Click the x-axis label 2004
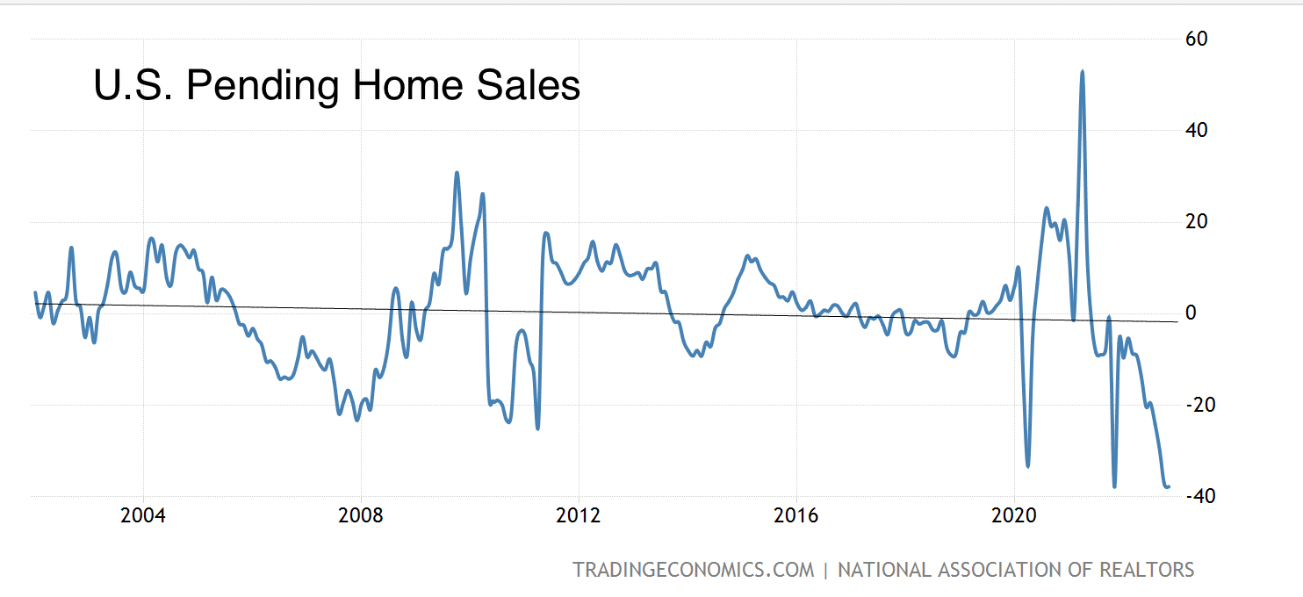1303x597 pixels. [x=143, y=515]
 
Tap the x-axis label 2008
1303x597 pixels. [x=361, y=515]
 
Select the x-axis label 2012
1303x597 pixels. [x=579, y=515]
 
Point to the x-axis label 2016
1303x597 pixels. [x=796, y=515]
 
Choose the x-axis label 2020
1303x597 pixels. [x=1014, y=515]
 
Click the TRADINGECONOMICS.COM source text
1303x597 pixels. [x=694, y=570]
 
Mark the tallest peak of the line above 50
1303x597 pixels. [x=1082, y=72]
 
